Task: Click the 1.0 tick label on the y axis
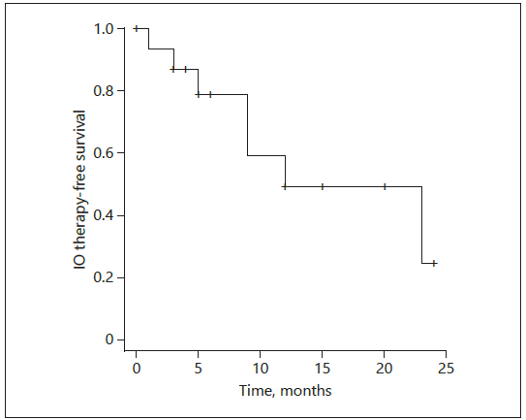pos(104,29)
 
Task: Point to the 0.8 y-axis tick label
pos(104,91)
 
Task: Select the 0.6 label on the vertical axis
pos(104,153)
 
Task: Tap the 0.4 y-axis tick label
pos(104,215)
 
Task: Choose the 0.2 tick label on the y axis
pos(104,277)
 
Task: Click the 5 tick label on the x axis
pos(199,369)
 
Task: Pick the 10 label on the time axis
pos(260,369)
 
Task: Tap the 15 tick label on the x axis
pos(322,369)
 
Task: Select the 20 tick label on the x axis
pos(385,369)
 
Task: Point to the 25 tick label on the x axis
pos(447,369)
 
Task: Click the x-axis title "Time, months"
pos(285,391)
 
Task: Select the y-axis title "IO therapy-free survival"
pos(79,189)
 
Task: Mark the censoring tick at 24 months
pos(434,263)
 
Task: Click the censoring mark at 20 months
pos(385,186)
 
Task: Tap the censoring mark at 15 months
pos(323,186)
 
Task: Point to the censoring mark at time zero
pos(137,28)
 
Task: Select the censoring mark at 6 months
pos(210,94)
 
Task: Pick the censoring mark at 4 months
pos(186,69)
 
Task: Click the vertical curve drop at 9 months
pos(248,125)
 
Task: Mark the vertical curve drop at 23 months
pos(421,225)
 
